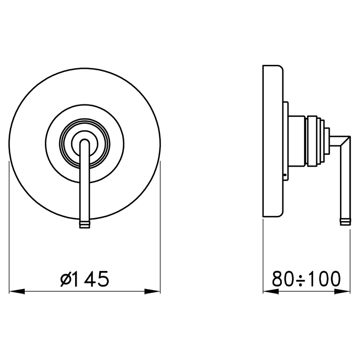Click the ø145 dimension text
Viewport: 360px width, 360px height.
(x=84, y=279)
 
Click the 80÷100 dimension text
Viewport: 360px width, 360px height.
(x=307, y=279)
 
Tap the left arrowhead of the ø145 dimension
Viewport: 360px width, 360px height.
(x=17, y=292)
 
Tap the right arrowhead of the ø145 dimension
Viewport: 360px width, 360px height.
(x=152, y=292)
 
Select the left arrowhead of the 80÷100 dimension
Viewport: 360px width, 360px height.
(x=271, y=292)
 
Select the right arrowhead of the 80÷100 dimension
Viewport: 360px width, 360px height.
(x=343, y=292)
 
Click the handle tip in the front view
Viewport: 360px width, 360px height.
(x=85, y=225)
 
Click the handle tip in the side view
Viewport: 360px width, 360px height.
(x=345, y=222)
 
